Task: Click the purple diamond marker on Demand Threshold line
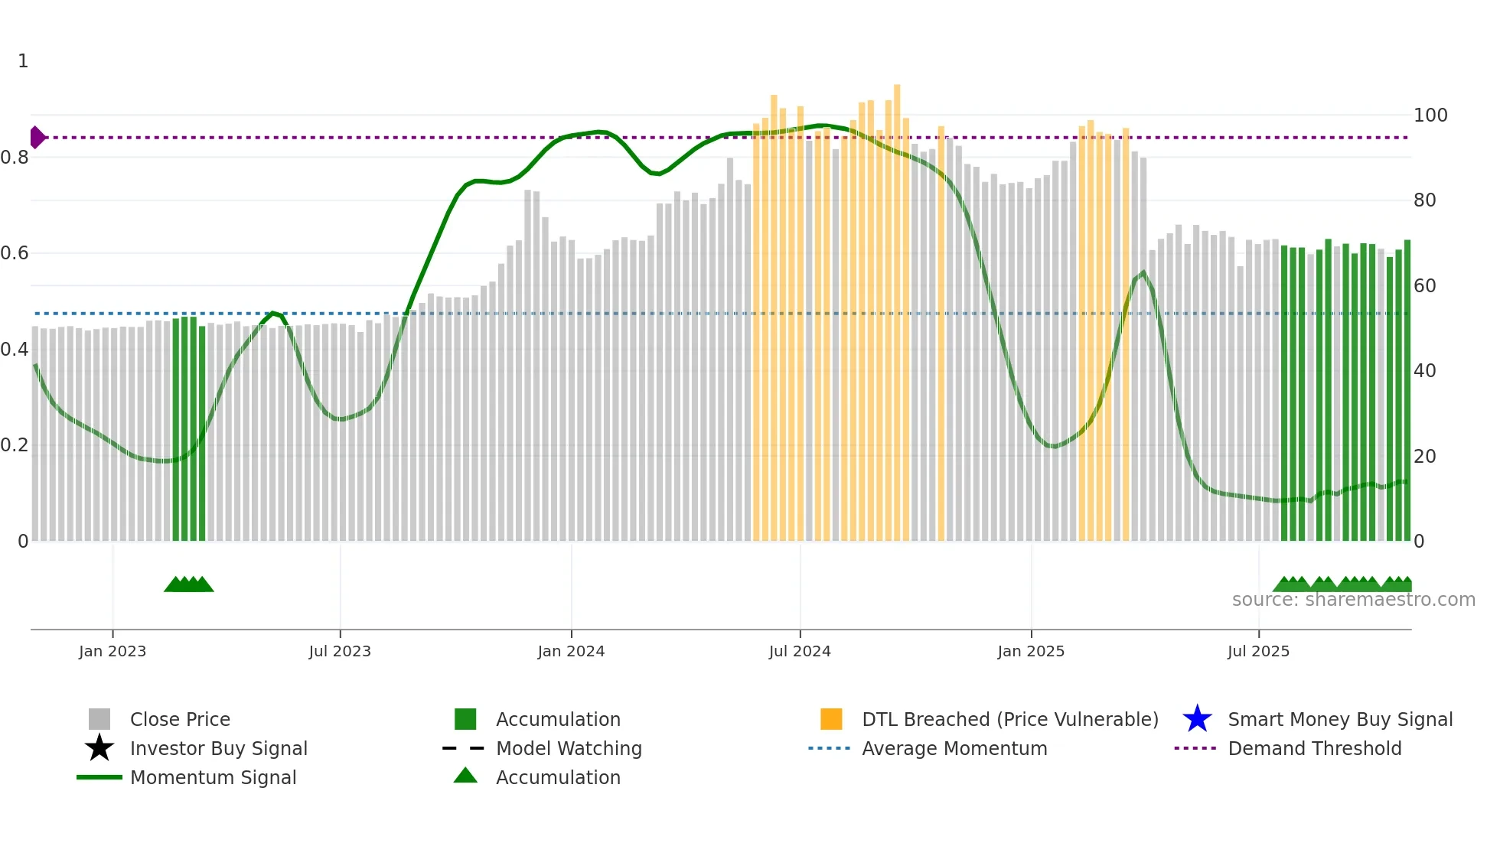(x=37, y=138)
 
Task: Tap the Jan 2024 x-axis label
(x=571, y=651)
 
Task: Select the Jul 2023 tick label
(x=340, y=651)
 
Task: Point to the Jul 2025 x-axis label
(x=1258, y=651)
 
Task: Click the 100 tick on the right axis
(x=1430, y=116)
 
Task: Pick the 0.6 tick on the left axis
(x=15, y=253)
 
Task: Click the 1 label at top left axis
(x=23, y=61)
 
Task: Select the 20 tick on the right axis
(x=1424, y=457)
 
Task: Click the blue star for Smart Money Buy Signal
(x=1197, y=719)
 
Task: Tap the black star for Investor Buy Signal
(x=99, y=748)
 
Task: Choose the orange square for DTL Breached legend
(x=831, y=719)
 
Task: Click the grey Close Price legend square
(x=99, y=719)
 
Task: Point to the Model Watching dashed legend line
(x=464, y=748)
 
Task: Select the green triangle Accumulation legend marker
(x=465, y=776)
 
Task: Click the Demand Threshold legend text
(x=1314, y=748)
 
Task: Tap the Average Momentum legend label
(x=954, y=748)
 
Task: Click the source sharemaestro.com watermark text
(x=1353, y=600)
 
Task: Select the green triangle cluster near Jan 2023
(x=188, y=584)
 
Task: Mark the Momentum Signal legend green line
(x=99, y=777)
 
